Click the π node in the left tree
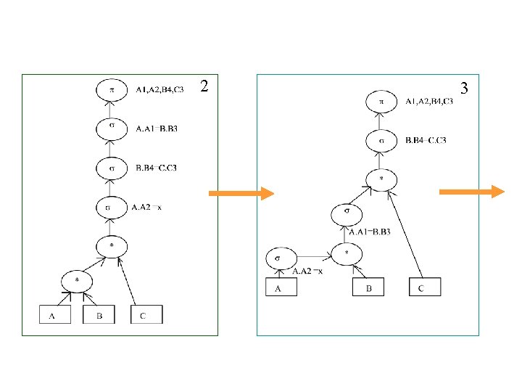(112, 91)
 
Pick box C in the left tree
(146, 315)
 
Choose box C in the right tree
(426, 287)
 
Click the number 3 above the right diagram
(465, 88)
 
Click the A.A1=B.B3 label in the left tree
(157, 129)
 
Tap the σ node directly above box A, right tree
(279, 257)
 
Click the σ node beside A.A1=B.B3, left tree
(112, 129)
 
